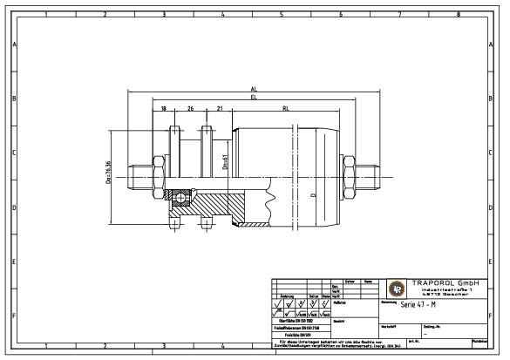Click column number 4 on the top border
222,14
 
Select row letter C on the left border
14,153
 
